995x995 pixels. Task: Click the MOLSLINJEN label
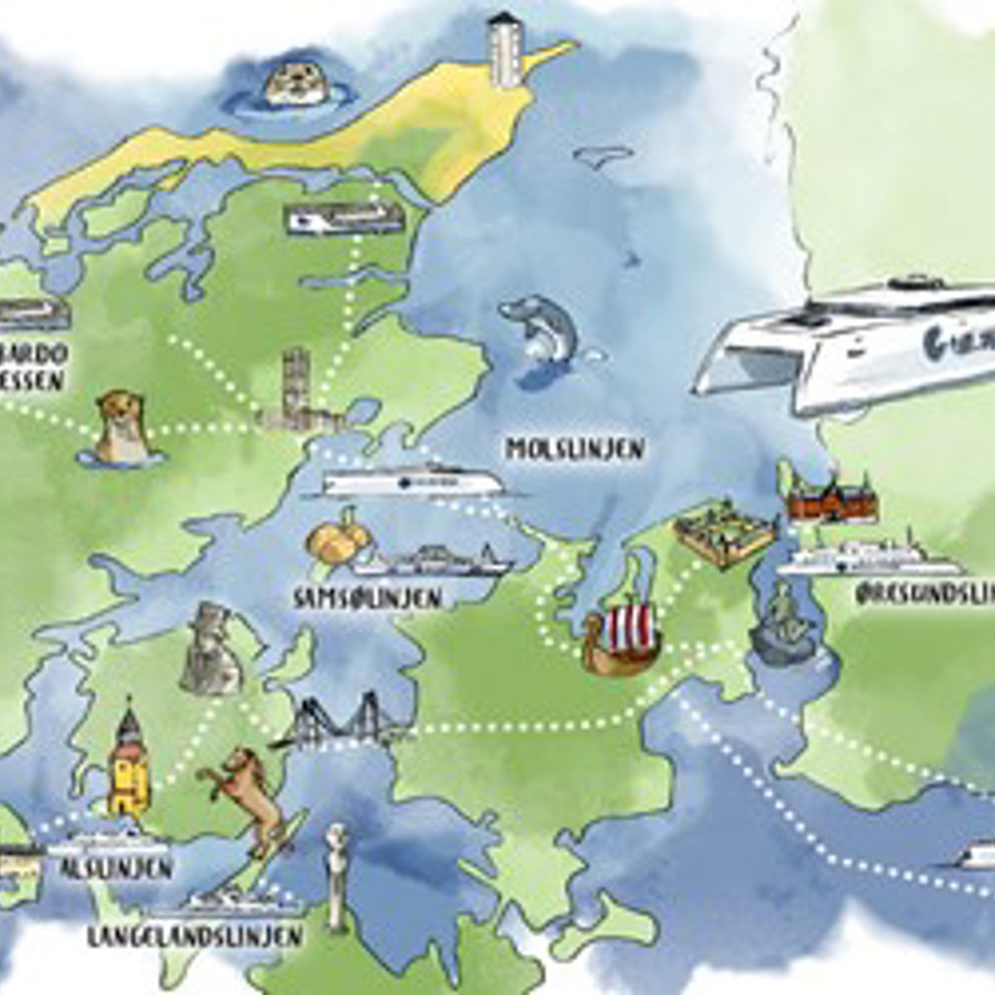click(x=575, y=449)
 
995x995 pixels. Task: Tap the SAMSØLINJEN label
click(x=367, y=599)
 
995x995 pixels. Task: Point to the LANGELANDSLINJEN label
click(x=194, y=936)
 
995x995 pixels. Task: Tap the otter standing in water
click(x=119, y=427)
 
